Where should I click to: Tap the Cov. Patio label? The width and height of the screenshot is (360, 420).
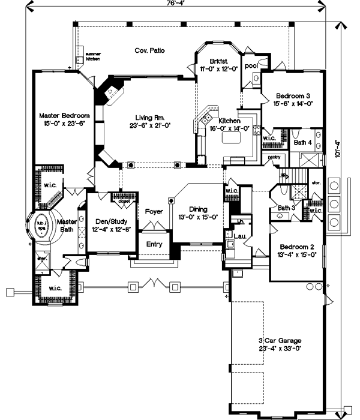(x=149, y=50)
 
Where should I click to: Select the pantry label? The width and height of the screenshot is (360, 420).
(x=274, y=157)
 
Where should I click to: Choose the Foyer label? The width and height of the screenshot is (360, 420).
(x=154, y=211)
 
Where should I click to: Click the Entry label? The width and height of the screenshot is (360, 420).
(x=154, y=244)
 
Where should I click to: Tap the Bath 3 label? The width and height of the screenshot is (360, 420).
(x=287, y=208)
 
